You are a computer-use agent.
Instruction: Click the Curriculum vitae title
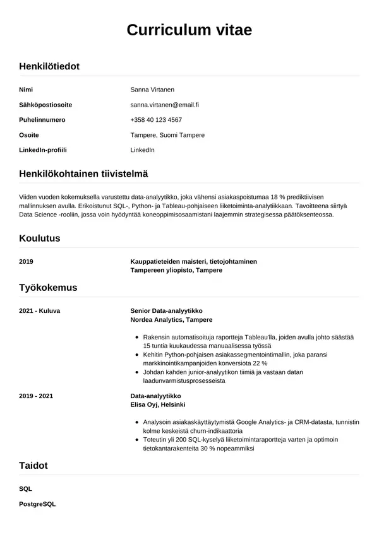(189, 30)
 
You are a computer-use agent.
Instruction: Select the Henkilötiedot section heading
(49, 66)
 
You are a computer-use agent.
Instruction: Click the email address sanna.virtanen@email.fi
(164, 105)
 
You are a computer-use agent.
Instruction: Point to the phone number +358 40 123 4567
(156, 120)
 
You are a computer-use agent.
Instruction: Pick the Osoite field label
(29, 135)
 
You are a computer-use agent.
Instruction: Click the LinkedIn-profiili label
(43, 150)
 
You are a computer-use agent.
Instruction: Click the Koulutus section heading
(40, 238)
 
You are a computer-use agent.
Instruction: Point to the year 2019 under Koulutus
(27, 261)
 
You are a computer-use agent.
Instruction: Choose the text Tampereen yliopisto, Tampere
(176, 270)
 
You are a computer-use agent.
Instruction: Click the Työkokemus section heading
(48, 288)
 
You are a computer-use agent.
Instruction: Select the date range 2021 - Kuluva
(40, 311)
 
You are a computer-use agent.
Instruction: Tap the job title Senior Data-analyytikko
(171, 311)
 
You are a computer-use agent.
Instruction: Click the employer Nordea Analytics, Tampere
(171, 320)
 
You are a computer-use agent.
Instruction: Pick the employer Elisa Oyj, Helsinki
(157, 404)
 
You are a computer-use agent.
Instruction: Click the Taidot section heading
(33, 466)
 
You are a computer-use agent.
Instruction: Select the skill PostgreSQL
(38, 504)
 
